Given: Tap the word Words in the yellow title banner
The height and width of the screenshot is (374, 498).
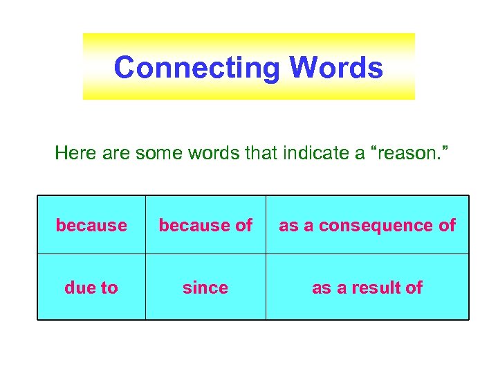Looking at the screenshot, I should pos(335,68).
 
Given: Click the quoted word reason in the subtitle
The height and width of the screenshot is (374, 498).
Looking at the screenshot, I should pos(409,153).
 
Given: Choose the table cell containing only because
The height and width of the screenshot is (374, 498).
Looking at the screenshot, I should pos(91,225).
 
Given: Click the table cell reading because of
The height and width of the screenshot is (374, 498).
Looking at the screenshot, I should pos(205,225).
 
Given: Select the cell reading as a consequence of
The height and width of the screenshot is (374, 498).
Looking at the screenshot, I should pos(367,225).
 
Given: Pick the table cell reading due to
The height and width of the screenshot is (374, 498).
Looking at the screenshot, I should pos(91,287).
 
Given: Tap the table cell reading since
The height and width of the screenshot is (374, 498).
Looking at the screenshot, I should pos(205,287).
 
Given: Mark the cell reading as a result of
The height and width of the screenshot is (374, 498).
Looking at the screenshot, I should pos(367,287).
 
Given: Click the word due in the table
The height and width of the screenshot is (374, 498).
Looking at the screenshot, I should pos(79,287).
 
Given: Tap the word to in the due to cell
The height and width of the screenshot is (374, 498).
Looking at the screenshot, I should pos(109,287).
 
